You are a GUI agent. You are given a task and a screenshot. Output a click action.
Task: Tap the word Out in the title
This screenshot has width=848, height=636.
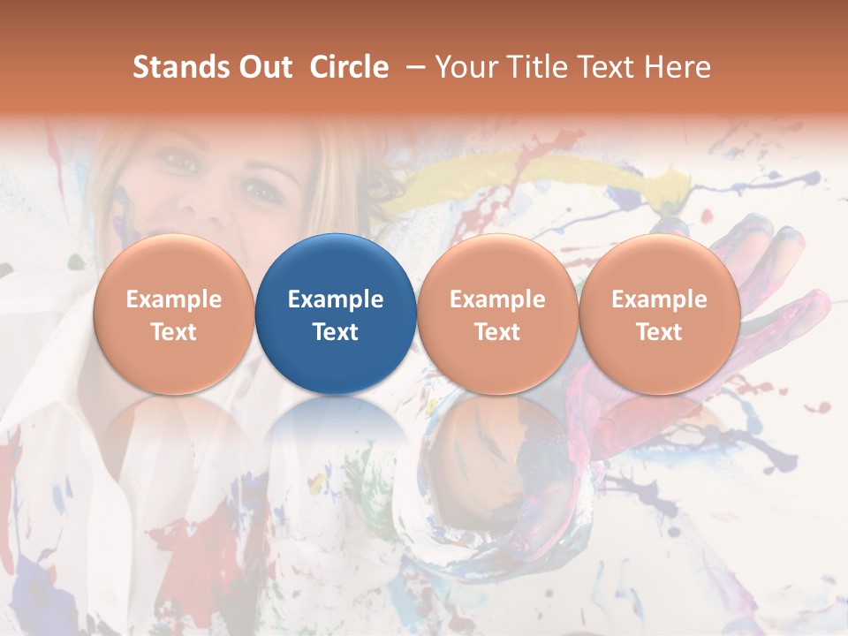(x=262, y=67)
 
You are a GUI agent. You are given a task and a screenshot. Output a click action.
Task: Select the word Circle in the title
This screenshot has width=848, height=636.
(x=349, y=67)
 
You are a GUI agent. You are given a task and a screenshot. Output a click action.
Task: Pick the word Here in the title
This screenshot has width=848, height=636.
(x=678, y=67)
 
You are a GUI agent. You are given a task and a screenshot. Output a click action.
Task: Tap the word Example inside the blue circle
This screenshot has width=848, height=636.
(x=336, y=299)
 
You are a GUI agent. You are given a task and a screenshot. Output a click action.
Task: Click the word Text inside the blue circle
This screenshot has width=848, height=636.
(x=336, y=332)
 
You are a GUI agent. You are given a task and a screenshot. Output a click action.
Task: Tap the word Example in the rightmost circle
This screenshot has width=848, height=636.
(x=660, y=299)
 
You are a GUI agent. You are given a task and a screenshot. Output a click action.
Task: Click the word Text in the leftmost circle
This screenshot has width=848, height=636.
(x=173, y=332)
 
